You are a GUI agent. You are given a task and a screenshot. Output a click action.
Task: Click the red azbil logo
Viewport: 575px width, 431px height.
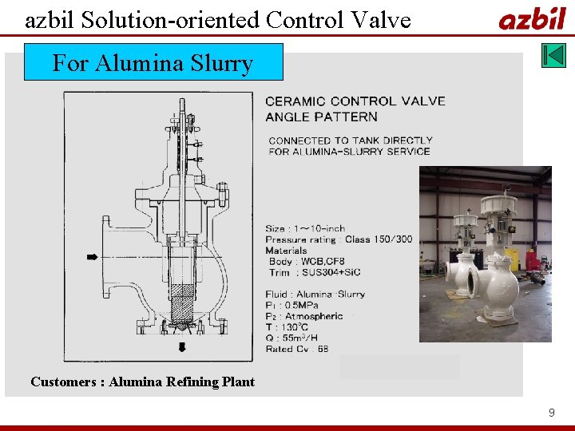pyautogui.click(x=532, y=18)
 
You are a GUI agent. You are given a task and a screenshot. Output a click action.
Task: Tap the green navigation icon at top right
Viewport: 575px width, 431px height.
pyautogui.click(x=553, y=55)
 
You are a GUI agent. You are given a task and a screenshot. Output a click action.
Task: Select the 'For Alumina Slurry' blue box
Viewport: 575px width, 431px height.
pyautogui.click(x=153, y=62)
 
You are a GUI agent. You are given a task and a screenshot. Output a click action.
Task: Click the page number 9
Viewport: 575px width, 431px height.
pyautogui.click(x=551, y=413)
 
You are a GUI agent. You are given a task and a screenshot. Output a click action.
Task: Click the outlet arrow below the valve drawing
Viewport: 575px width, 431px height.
pyautogui.click(x=182, y=346)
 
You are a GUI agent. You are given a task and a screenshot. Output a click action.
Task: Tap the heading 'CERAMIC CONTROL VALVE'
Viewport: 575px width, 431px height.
pyautogui.click(x=355, y=101)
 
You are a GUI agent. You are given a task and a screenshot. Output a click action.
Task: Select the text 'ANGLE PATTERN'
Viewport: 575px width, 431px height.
pyautogui.click(x=321, y=117)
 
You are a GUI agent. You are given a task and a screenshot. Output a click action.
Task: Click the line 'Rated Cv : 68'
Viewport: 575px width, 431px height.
pyautogui.click(x=297, y=348)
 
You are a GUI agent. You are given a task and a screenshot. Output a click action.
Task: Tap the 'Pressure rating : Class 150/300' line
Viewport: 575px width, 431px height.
pyautogui.click(x=339, y=239)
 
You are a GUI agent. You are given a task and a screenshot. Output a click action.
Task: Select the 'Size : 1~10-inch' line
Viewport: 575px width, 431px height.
pyautogui.click(x=305, y=229)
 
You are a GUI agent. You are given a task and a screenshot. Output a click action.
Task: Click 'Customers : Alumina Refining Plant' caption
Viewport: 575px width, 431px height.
pyautogui.click(x=142, y=382)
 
